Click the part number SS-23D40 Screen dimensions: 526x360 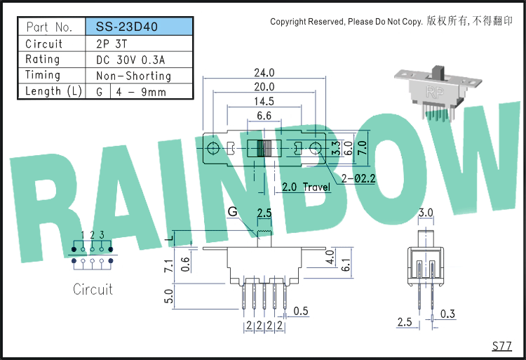126,27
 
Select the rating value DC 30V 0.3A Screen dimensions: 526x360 130,60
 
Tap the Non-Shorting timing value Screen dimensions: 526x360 133,76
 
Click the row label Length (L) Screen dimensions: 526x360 53,91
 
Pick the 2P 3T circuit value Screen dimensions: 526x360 112,44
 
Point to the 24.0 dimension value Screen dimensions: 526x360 264,72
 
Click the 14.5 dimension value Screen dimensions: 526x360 264,101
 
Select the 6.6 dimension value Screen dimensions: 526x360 264,115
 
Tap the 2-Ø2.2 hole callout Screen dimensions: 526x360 358,178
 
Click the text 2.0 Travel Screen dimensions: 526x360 306,187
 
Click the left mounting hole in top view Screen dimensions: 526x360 213,148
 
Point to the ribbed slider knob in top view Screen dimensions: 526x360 264,148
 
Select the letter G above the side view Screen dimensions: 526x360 232,212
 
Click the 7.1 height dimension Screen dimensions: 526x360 169,265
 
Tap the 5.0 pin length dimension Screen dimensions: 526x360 169,296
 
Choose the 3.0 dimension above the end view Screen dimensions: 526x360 426,213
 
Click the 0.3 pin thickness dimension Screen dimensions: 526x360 447,314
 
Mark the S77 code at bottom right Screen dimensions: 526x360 502,345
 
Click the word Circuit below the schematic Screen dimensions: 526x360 93,289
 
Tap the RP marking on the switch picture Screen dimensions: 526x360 435,92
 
